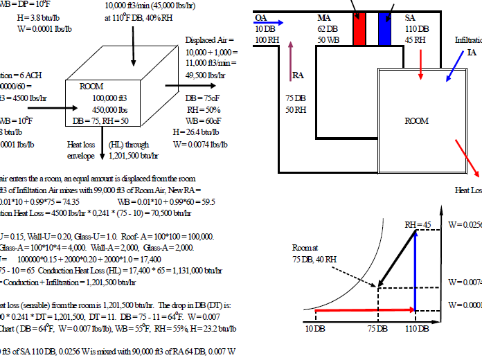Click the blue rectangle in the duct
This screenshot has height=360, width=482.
coord(385,29)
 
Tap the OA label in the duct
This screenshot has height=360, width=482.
coord(261,17)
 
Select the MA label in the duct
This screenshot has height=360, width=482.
coord(324,17)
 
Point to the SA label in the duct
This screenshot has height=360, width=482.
coord(410,17)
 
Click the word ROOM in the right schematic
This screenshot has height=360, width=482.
coord(417,120)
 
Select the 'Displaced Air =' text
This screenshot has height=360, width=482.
coord(210,42)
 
